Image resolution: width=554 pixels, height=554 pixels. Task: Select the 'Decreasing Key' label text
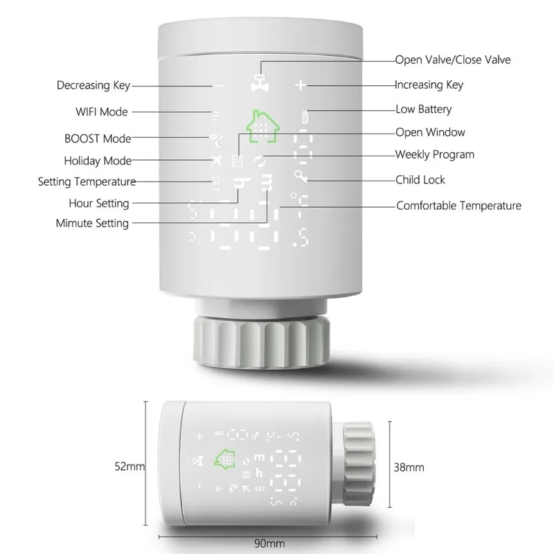pyautogui.click(x=93, y=86)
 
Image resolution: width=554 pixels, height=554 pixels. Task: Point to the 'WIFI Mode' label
pyautogui.click(x=101, y=111)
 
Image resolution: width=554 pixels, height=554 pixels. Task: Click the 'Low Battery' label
pyautogui.click(x=423, y=109)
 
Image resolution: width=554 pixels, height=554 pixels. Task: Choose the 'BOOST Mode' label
pyautogui.click(x=98, y=138)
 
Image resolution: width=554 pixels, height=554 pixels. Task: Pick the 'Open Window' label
pyautogui.click(x=430, y=132)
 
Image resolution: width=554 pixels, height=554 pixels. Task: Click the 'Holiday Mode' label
pyautogui.click(x=98, y=161)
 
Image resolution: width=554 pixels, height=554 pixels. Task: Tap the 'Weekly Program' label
pyautogui.click(x=434, y=154)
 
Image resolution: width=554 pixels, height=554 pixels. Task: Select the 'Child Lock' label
pyautogui.click(x=420, y=180)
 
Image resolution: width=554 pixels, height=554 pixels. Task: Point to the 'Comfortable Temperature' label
pyautogui.click(x=458, y=206)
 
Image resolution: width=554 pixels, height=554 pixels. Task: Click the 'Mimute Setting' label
pyautogui.click(x=92, y=223)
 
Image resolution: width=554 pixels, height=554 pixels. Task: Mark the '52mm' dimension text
pyautogui.click(x=129, y=467)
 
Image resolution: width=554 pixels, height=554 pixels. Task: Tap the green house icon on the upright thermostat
pyautogui.click(x=262, y=127)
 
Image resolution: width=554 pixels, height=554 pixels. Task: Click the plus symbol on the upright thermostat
pyautogui.click(x=300, y=85)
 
